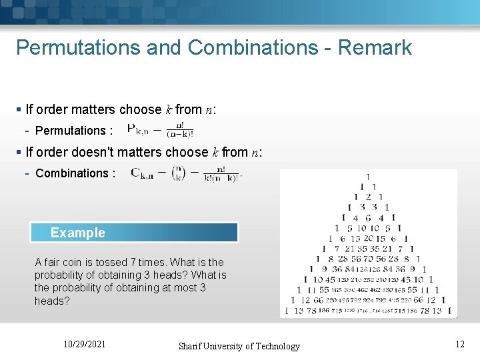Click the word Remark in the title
[x=375, y=48]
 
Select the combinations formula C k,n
[x=186, y=173]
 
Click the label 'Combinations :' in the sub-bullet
[x=75, y=173]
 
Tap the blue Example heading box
[x=134, y=233]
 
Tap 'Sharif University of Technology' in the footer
[x=239, y=346]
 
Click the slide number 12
[x=459, y=344]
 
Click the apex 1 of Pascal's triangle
[x=368, y=177]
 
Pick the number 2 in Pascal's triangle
[x=368, y=197]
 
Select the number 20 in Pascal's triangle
[x=369, y=238]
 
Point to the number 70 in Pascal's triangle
[x=369, y=259]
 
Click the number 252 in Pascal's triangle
[x=369, y=280]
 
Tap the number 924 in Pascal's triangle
[x=369, y=301]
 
